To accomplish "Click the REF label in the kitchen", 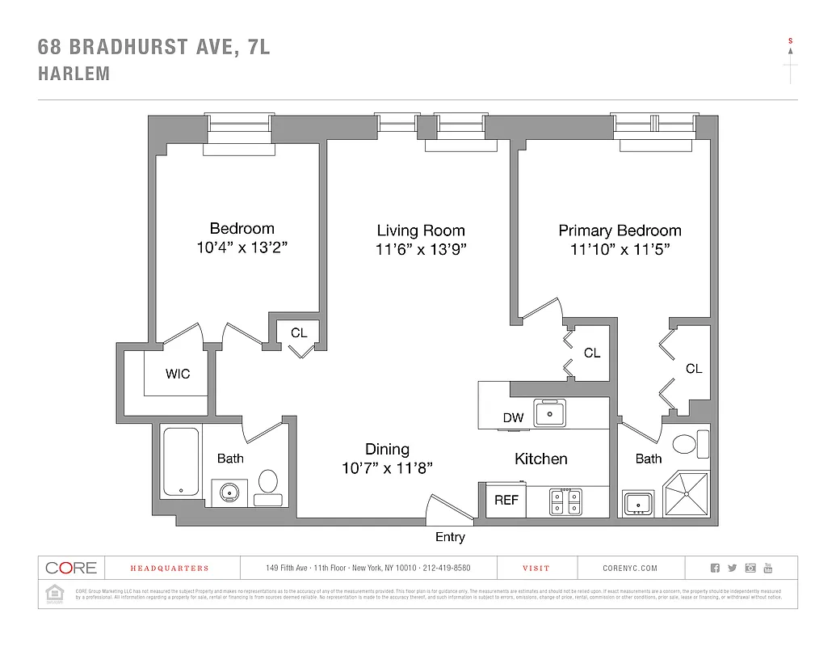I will click(x=506, y=500).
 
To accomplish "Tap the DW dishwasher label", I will click(x=514, y=418).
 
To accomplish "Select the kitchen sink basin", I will click(x=550, y=414).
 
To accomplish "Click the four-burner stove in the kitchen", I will click(x=565, y=501).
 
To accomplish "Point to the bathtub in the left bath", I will click(x=180, y=462).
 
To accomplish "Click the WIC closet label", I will click(x=178, y=374).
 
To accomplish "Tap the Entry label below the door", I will click(x=450, y=537).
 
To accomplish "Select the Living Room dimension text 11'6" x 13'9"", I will click(x=422, y=249).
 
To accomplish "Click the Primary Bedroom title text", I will click(x=620, y=230).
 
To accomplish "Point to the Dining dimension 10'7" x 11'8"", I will click(x=388, y=467).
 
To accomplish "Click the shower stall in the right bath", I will click(x=686, y=493).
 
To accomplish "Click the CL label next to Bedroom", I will click(x=299, y=332).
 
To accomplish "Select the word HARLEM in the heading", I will click(x=74, y=74).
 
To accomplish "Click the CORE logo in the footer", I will click(x=71, y=568).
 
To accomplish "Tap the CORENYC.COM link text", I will click(x=630, y=569).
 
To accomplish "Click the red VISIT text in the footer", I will click(x=536, y=569).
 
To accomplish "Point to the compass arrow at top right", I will click(x=790, y=61).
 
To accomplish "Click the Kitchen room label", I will click(x=541, y=459).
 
